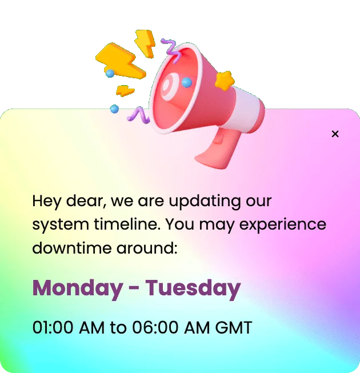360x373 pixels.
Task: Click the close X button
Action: pos(335,134)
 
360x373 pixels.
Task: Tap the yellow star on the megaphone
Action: pos(225,81)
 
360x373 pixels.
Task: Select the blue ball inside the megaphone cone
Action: pos(186,82)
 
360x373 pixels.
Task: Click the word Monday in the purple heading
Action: pos(77,288)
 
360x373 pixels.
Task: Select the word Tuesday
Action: pos(193,288)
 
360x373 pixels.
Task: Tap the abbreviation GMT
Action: pos(233,328)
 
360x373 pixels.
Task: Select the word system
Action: pos(54,224)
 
